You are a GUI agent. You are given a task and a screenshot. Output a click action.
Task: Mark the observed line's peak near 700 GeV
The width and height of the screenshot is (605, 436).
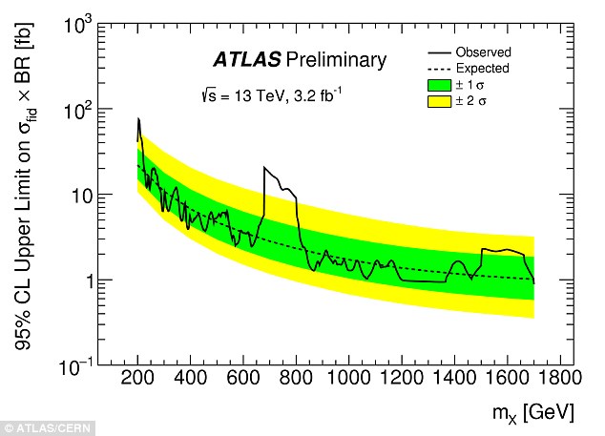click(264, 168)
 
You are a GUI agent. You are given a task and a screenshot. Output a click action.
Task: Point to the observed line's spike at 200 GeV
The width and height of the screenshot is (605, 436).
click(139, 119)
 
